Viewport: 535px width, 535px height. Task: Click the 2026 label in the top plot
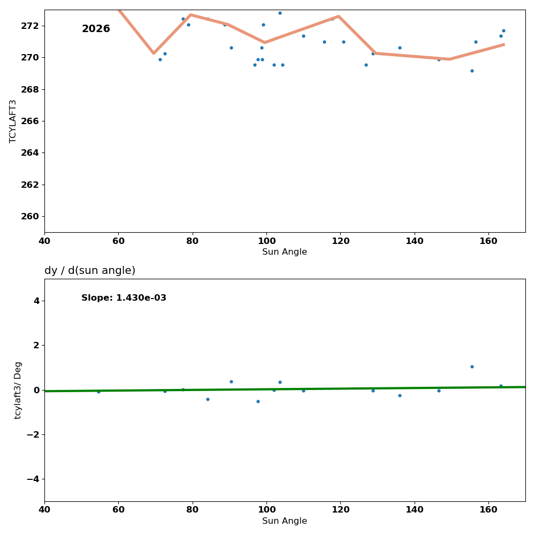tap(96, 29)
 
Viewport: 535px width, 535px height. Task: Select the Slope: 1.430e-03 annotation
tap(124, 298)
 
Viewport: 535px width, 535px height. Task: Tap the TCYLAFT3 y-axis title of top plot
tap(13, 121)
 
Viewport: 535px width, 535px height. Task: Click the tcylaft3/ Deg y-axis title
tap(18, 390)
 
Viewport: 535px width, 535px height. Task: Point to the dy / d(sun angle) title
tap(90, 271)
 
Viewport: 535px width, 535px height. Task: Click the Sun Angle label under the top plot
tap(285, 252)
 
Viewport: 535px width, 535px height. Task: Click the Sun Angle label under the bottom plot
tap(285, 521)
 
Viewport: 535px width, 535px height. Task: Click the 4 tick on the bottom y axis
tap(36, 301)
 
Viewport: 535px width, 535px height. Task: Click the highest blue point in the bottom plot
tap(472, 366)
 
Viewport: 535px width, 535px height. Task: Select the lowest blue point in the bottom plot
tap(258, 401)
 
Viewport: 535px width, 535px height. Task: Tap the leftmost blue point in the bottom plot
tap(98, 392)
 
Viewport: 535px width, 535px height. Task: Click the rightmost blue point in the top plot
tap(503, 30)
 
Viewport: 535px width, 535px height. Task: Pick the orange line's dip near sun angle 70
tap(154, 53)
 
